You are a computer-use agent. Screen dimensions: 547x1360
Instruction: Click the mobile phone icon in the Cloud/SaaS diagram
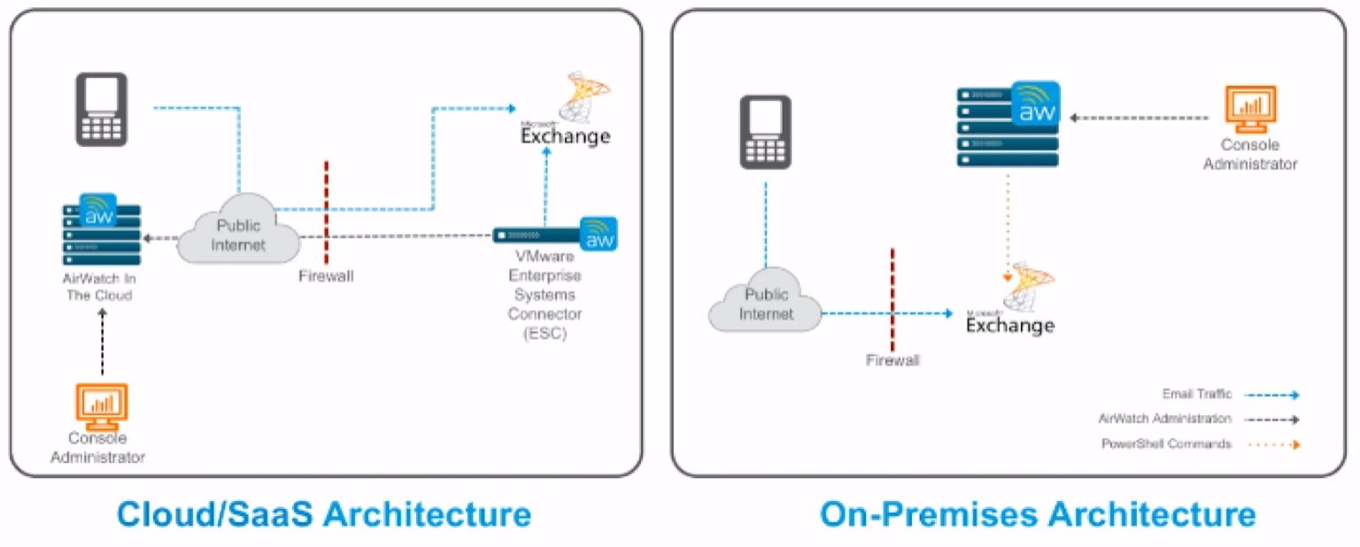point(101,109)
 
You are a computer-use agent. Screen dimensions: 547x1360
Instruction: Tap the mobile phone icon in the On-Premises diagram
point(765,131)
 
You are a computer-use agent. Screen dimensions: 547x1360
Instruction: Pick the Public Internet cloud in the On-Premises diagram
point(766,301)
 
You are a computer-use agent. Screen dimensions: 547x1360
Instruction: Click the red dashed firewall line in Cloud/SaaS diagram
point(327,212)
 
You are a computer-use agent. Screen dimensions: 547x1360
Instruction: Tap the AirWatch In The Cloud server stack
point(102,231)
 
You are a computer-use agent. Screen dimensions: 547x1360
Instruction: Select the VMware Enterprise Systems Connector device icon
point(554,235)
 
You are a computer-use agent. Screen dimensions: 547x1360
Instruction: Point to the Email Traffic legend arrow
point(1271,395)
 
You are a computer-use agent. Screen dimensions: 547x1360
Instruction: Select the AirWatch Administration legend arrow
point(1271,420)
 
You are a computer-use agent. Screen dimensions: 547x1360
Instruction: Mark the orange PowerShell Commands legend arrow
point(1271,444)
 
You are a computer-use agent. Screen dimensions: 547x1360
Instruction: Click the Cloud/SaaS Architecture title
point(324,514)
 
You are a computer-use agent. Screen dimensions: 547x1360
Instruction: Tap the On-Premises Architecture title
point(1037,514)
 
